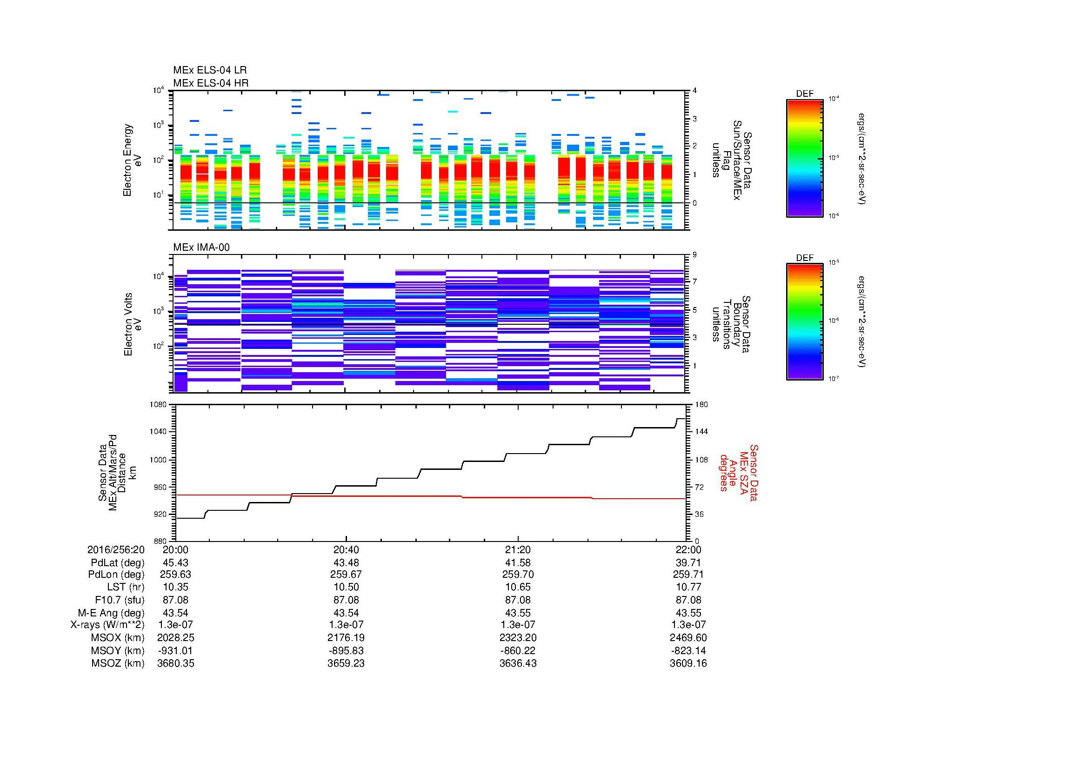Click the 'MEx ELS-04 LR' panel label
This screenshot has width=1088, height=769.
209,70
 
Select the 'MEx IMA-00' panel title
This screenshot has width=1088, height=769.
201,247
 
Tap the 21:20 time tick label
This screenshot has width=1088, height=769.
518,549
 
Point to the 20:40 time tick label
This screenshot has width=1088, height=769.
346,549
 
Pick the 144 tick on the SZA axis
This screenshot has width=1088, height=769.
700,432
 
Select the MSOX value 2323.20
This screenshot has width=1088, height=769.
518,638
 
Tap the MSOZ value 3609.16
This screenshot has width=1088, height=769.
688,663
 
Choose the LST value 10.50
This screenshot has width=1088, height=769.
346,587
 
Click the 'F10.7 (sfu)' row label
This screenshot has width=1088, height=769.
120,600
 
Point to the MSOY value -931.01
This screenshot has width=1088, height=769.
175,650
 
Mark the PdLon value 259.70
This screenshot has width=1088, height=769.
518,574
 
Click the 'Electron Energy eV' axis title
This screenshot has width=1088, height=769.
132,160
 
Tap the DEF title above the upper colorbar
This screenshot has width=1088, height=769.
805,94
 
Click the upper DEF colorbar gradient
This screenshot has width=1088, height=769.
805,158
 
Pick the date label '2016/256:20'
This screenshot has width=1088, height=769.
116,549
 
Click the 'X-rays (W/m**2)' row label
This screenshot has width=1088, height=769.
107,625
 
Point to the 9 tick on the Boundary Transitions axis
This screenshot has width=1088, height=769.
694,255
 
